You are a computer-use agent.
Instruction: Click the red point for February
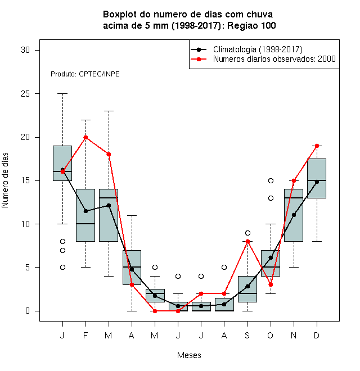[85, 137]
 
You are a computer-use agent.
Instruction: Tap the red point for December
[317, 146]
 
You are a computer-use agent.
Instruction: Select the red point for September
[247, 241]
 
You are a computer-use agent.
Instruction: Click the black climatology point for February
[85, 211]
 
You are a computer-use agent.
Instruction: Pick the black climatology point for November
[294, 215]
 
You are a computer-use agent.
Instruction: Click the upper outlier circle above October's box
[271, 181]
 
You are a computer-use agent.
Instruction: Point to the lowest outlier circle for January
[62, 268]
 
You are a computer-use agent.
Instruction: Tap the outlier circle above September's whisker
[247, 233]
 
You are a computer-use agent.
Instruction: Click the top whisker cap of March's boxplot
[109, 111]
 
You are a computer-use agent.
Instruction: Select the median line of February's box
[85, 224]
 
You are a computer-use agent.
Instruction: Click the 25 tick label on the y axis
[25, 94]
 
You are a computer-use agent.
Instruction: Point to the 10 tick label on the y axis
[25, 224]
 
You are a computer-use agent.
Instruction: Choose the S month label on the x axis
[247, 335]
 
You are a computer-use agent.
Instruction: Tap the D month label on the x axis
[317, 335]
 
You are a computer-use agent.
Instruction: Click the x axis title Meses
[189, 355]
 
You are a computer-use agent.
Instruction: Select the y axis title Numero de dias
[5, 180]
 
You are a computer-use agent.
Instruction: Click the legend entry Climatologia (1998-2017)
[258, 49]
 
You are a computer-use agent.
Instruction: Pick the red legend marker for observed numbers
[199, 59]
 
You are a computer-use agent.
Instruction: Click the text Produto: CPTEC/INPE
[85, 74]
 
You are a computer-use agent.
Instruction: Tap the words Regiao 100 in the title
[251, 25]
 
